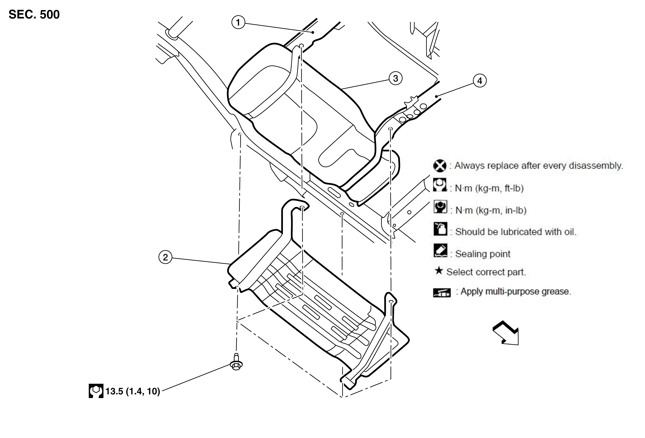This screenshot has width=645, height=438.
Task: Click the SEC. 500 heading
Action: coord(34,14)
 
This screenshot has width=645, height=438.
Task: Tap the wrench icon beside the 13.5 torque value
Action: coord(96,391)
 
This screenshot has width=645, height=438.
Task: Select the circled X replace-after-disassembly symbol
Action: coord(440,166)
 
